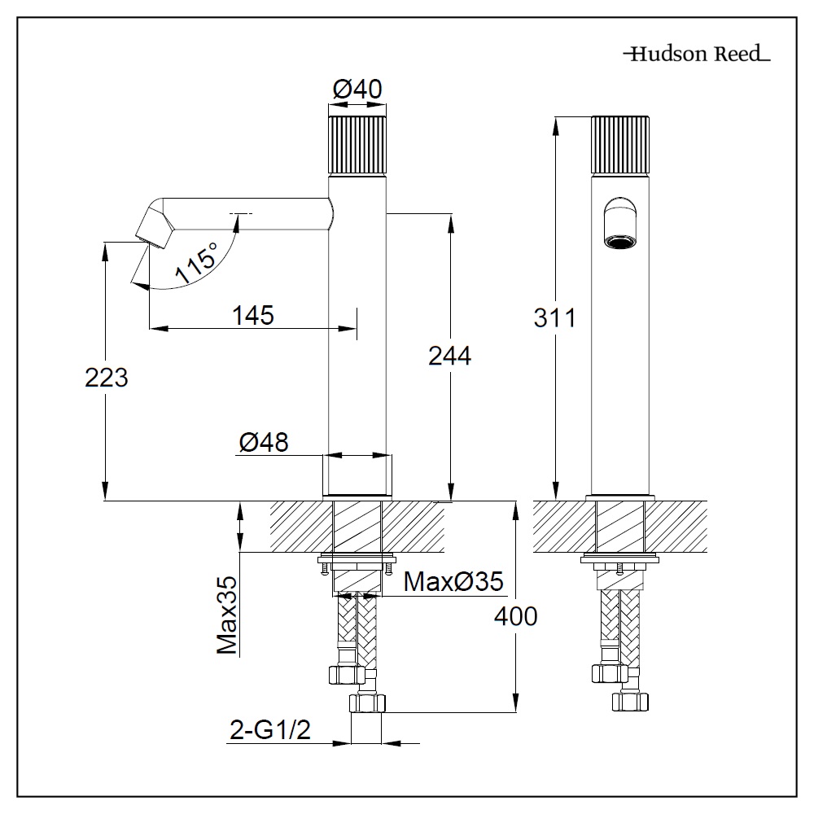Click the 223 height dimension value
coord(106,377)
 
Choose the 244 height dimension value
coord(449,355)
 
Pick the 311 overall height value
coord(554,317)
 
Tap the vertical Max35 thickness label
coord(227,615)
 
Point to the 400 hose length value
coord(515,616)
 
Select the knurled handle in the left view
coord(358,144)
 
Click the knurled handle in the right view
coord(620,144)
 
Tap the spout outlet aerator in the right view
coord(620,242)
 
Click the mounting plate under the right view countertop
coord(620,560)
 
